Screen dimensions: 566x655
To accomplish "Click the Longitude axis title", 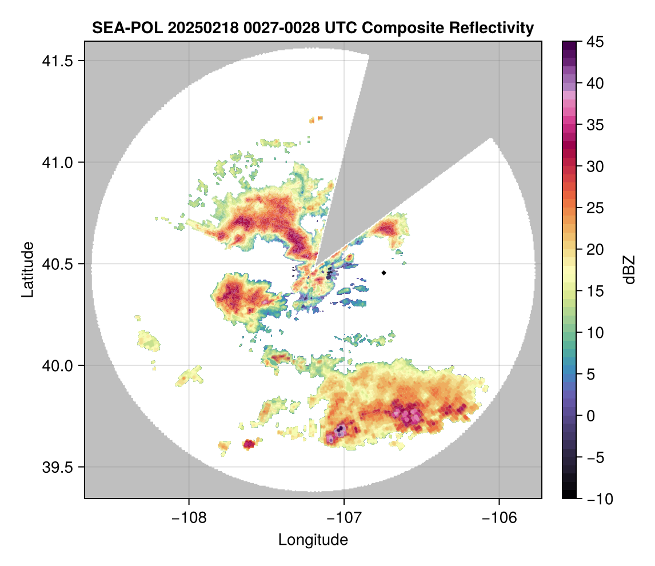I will pyautogui.click(x=313, y=540).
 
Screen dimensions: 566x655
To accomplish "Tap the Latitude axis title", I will pyautogui.click(x=27, y=269).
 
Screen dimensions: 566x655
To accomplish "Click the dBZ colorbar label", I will pyautogui.click(x=629, y=270).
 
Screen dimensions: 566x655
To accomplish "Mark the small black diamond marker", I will pyautogui.click(x=384, y=273).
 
